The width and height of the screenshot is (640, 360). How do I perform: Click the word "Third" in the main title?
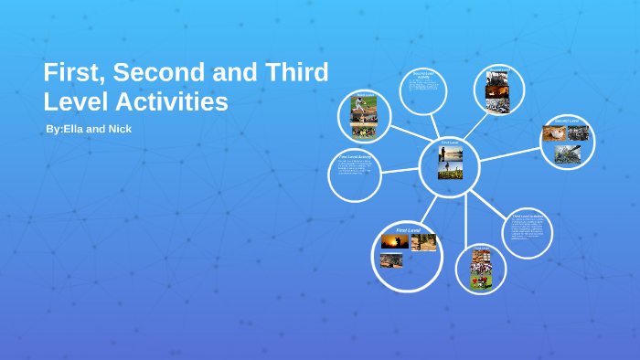[x=295, y=73]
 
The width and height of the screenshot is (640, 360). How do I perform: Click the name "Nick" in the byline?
[x=120, y=129]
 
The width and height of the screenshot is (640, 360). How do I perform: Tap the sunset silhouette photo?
[x=395, y=243]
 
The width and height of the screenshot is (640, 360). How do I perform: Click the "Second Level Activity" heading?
[x=422, y=75]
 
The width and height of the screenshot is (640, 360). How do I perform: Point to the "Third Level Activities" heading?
[x=528, y=217]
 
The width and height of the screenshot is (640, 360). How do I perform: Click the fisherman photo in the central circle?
[x=450, y=154]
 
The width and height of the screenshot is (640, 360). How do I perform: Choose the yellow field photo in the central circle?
[x=450, y=170]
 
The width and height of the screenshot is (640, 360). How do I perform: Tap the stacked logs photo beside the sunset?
[x=423, y=242]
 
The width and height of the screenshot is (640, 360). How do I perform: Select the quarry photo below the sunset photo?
[x=391, y=260]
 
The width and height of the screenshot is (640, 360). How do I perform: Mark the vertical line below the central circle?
[x=466, y=219]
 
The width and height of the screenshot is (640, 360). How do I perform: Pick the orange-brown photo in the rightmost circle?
[x=554, y=133]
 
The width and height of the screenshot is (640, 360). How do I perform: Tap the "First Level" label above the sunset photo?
[x=408, y=229]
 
